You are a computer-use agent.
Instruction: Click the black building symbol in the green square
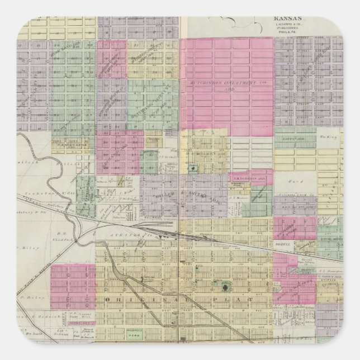tap(225, 288)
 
